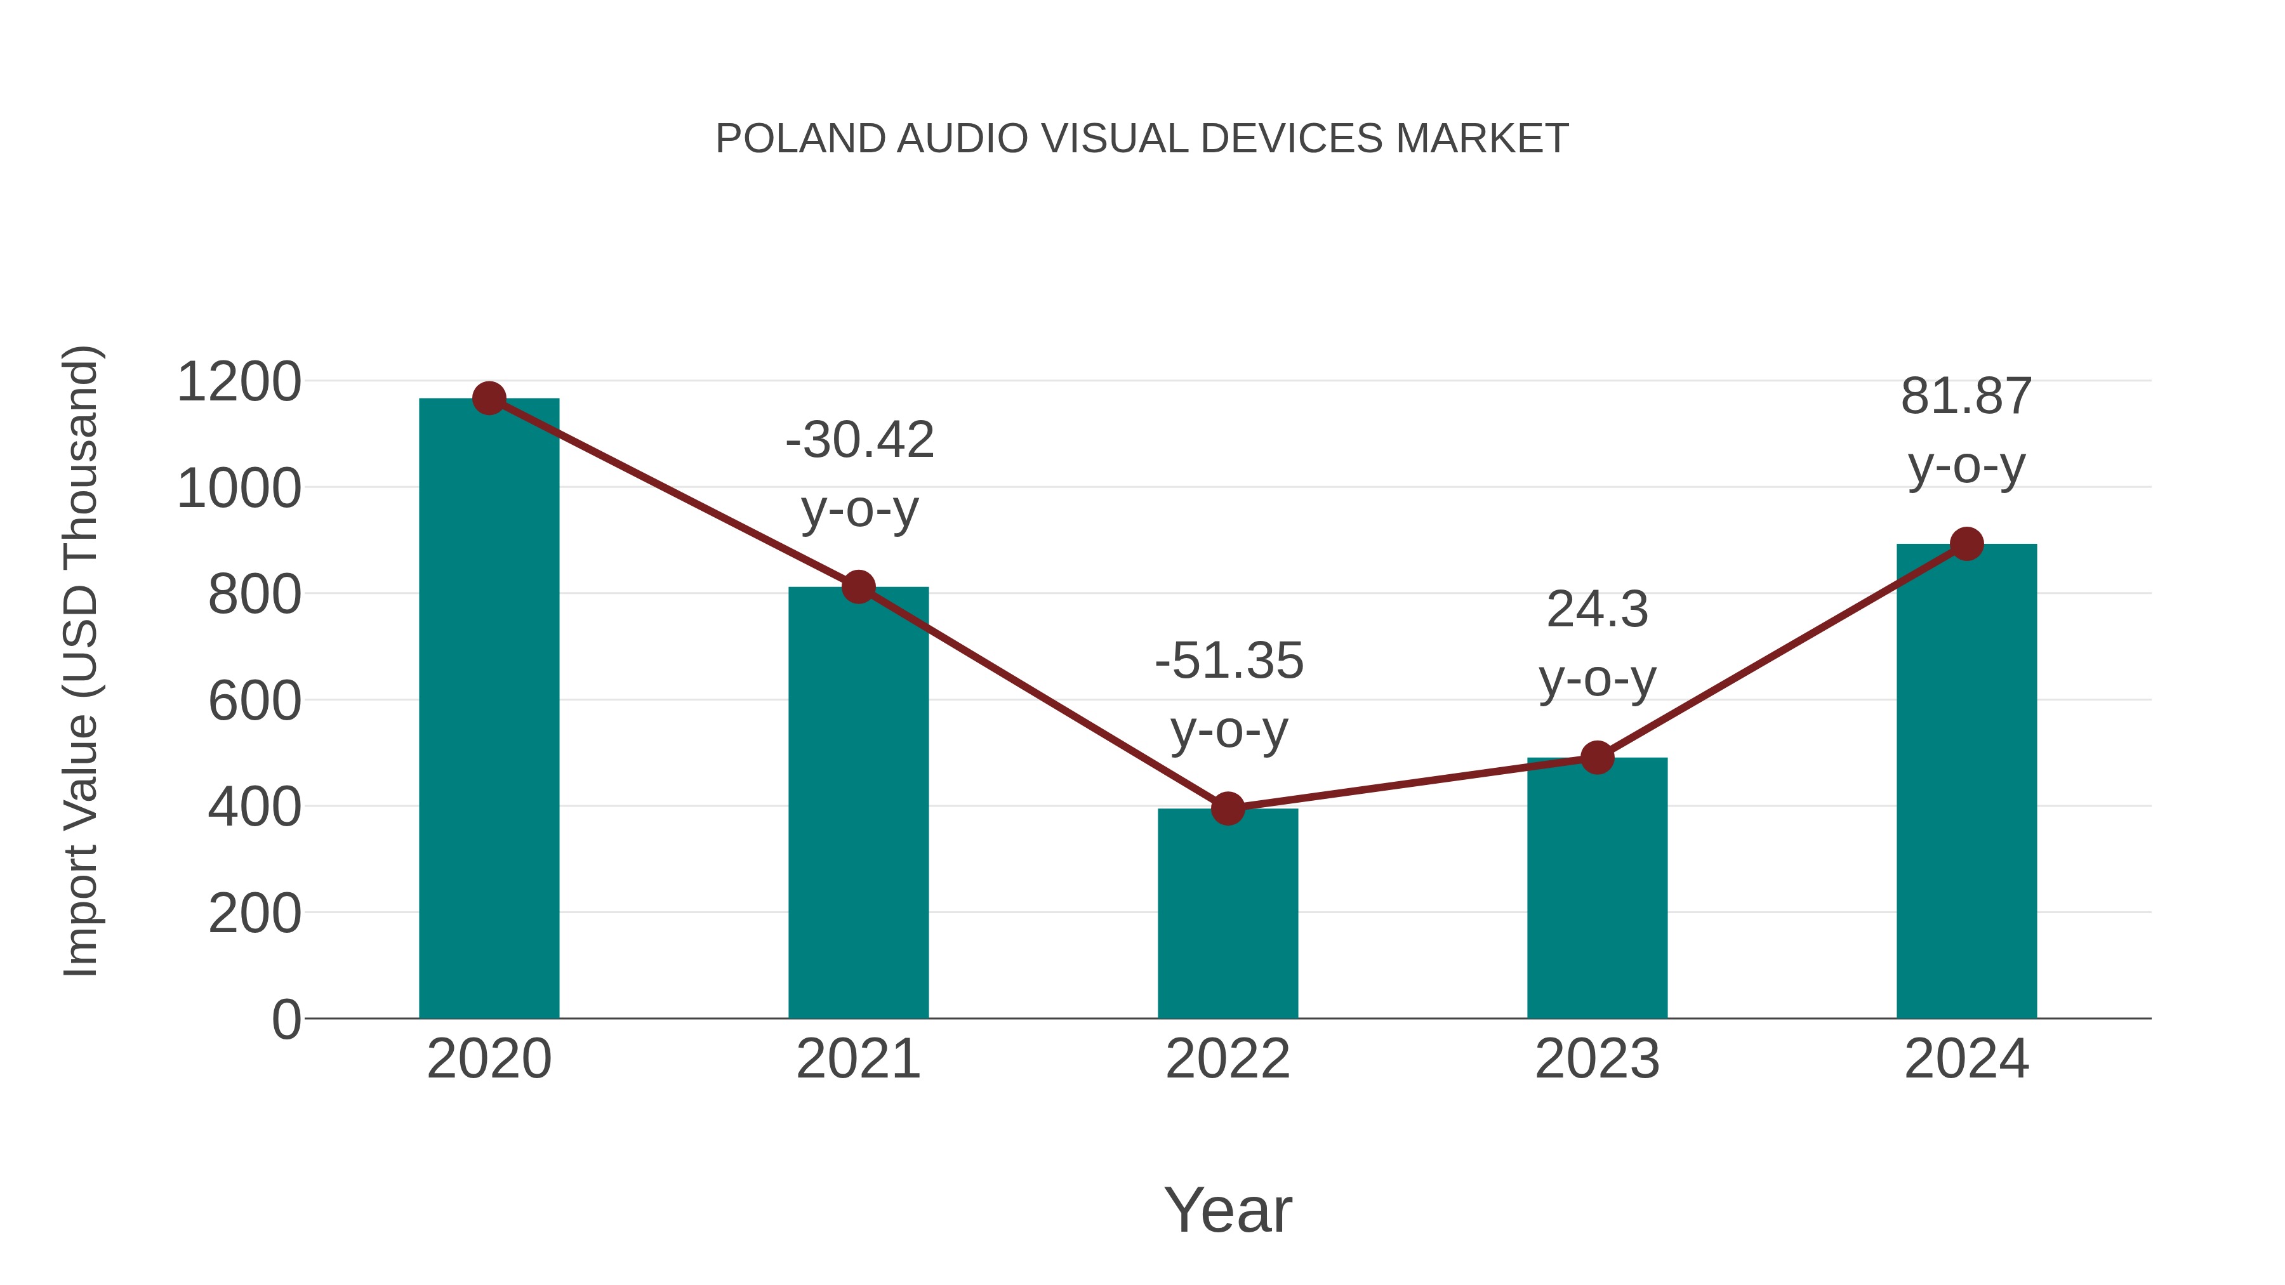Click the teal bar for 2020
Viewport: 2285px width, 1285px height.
(489, 709)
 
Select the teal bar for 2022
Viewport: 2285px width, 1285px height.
(1228, 913)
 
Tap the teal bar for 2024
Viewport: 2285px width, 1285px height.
(1966, 781)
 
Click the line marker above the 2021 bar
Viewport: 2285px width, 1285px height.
(858, 586)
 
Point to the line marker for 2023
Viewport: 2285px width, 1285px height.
(1597, 757)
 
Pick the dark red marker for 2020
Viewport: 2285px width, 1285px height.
(489, 398)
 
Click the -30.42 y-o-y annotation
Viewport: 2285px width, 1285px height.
(859, 475)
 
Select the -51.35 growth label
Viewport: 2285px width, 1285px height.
(1229, 695)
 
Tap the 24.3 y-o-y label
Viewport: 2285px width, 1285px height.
(1597, 644)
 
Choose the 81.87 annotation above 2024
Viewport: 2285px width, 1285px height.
(1966, 430)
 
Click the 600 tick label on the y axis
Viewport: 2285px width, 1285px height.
(255, 701)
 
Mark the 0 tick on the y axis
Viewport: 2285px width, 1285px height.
(286, 1019)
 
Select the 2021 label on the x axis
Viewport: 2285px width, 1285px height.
(858, 1059)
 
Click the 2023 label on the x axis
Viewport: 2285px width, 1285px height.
(1597, 1059)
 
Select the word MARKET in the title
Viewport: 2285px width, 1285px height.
(1481, 139)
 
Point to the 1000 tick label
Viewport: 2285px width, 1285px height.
(239, 489)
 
